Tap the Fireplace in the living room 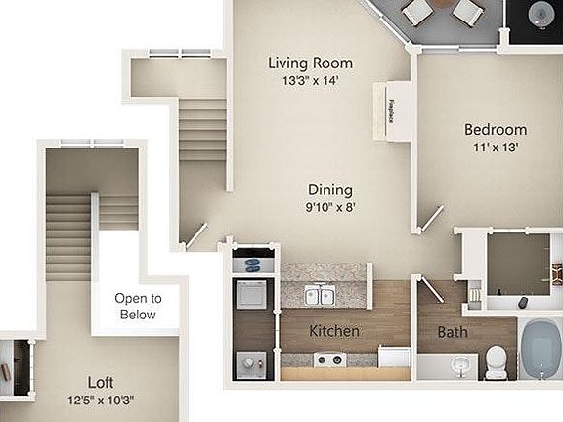(391, 109)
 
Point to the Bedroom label (495, 130)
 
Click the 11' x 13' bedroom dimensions (495, 148)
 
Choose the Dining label (329, 190)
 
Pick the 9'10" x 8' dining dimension (329, 207)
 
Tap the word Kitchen (334, 332)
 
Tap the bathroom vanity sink (458, 366)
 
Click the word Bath (453, 332)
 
